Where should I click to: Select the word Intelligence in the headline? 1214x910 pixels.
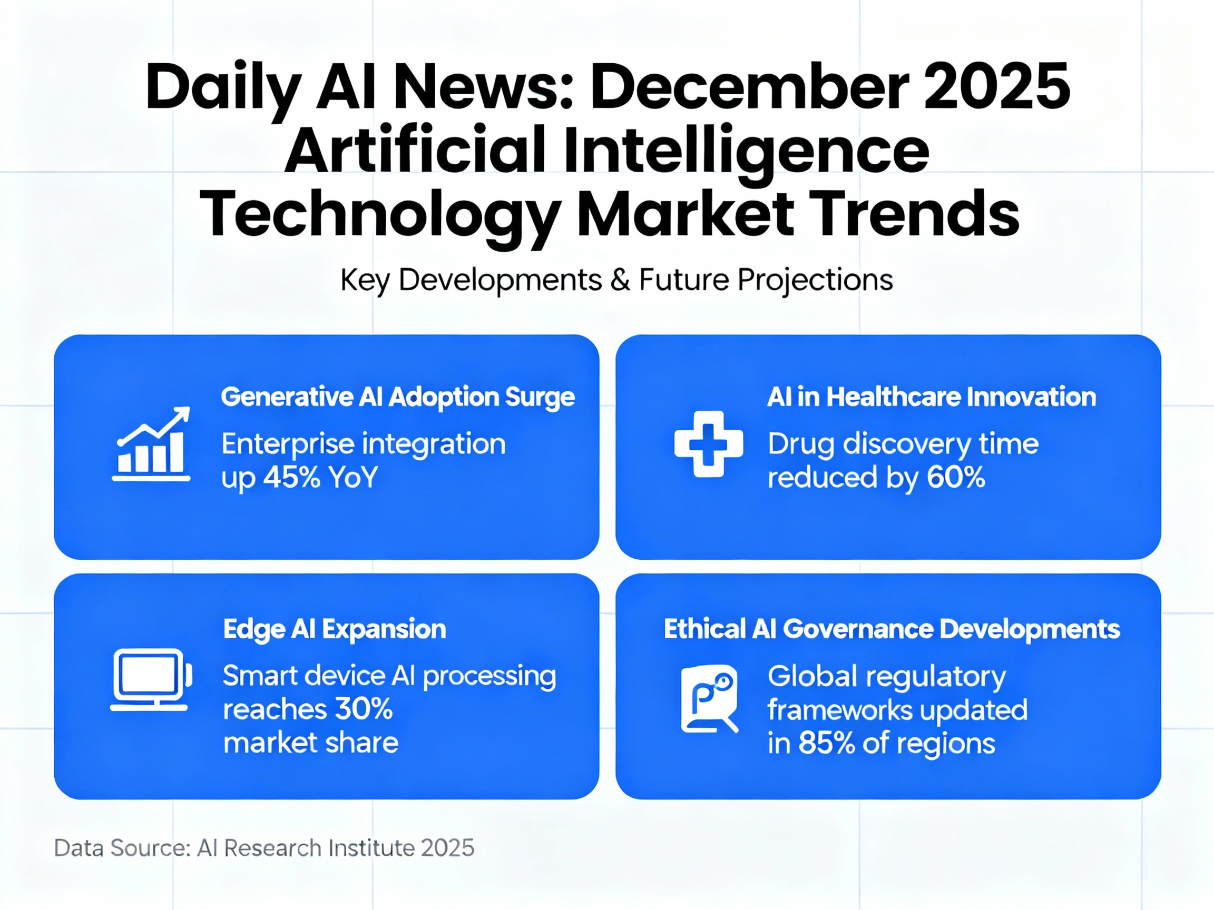click(x=747, y=151)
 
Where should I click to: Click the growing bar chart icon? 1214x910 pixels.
click(x=151, y=444)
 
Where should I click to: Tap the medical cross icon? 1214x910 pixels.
click(x=709, y=444)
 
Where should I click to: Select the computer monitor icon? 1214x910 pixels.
click(x=151, y=680)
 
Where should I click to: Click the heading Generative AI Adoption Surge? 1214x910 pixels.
click(x=398, y=397)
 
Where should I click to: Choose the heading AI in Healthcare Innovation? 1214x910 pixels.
click(x=932, y=397)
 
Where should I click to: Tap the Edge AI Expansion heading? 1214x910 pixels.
click(x=334, y=629)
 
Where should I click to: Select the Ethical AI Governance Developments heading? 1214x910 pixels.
click(x=892, y=629)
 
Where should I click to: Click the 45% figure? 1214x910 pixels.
click(x=291, y=477)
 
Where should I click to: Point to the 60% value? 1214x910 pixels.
click(x=955, y=477)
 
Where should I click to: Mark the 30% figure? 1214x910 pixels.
click(x=364, y=709)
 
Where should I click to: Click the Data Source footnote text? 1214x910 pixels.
click(x=264, y=848)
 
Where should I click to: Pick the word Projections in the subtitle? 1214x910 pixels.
click(x=815, y=280)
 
